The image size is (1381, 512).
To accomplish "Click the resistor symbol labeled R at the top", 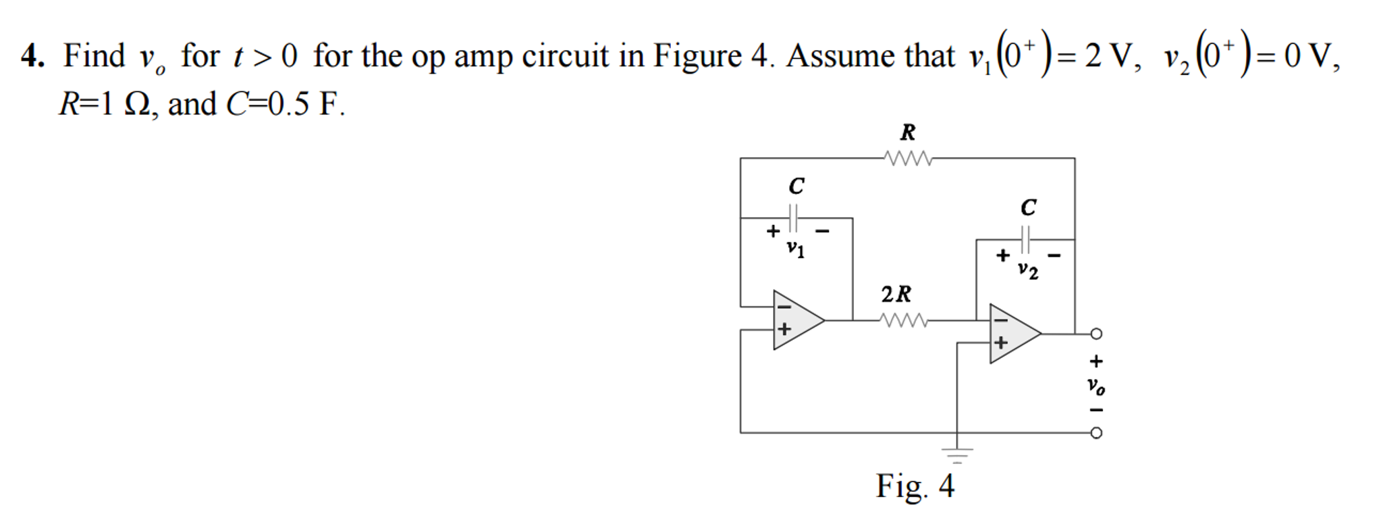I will coord(908,159).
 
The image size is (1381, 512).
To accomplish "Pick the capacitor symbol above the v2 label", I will coord(1026,239).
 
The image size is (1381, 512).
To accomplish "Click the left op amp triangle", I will coord(796,320).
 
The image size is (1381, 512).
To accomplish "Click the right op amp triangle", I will coord(1012,334).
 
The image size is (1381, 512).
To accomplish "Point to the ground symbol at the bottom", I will coord(957,454).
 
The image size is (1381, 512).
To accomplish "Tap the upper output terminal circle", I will coord(1096,334).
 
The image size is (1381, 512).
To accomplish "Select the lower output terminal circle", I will coord(1096,433).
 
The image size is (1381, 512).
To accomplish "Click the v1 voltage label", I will coord(796,249).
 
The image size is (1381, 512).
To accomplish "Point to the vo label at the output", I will coord(1095,386).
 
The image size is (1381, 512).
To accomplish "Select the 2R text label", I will coord(896,295).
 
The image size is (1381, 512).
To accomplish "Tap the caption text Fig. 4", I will coord(915,486).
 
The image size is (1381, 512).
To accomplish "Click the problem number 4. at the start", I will coord(32,56).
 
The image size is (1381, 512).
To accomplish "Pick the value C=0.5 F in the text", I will coord(283,105).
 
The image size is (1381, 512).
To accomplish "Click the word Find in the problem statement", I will coord(94,56).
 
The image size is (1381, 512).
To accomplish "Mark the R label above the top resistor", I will coord(908,132).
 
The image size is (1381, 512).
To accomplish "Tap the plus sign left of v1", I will coord(773,232).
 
